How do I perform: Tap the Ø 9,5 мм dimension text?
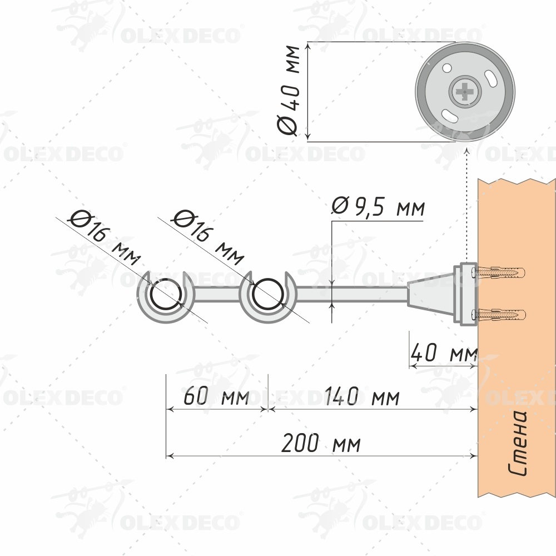pos(378,206)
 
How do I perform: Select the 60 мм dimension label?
pos(216,396)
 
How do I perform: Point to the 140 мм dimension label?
pos(362,396)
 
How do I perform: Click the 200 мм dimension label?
pos(321,443)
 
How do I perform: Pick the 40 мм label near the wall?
pos(444,353)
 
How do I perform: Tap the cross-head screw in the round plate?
pos(465,92)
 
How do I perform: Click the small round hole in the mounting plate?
pos(447,67)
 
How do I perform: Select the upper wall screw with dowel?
pos(498,272)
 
